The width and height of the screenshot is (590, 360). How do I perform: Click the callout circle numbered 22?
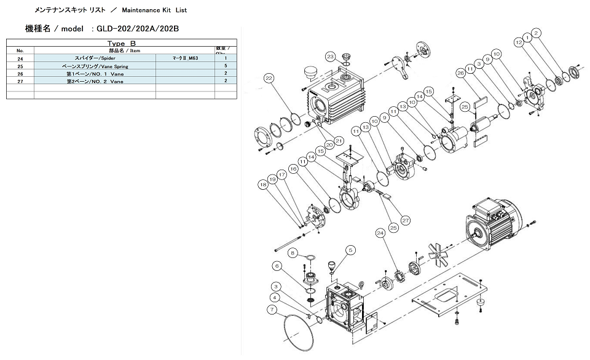coord(269,78)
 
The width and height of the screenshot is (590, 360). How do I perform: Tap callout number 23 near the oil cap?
coord(330,57)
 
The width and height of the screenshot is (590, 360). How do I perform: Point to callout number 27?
coord(405,219)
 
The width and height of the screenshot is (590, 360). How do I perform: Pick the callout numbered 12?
coord(519,42)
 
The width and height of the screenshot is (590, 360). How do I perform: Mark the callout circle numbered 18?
coord(263,184)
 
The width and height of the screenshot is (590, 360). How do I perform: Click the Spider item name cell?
coord(95,58)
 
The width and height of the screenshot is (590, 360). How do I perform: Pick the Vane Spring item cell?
coord(95,65)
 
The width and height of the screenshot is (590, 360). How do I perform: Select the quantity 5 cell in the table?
coord(226,65)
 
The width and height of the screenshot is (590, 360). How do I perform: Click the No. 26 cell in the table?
coord(20,73)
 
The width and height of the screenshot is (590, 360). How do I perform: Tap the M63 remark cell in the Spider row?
coord(185,58)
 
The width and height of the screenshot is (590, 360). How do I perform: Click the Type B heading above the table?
coord(121,44)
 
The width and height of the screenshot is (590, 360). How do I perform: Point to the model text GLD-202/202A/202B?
coord(138,29)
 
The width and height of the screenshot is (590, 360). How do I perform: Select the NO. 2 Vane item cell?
coord(95,80)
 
